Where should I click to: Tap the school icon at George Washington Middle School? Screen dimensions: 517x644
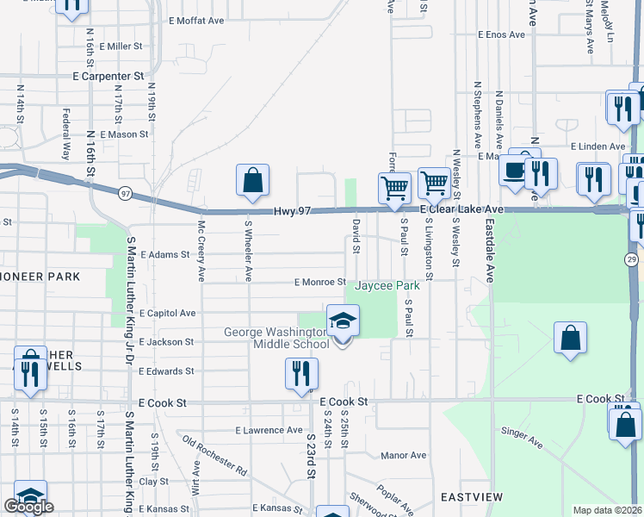(x=343, y=321)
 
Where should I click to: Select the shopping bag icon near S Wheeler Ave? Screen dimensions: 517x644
(x=253, y=180)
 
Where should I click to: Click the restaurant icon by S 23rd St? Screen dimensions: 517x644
(x=301, y=373)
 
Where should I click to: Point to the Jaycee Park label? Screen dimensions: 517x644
(x=387, y=284)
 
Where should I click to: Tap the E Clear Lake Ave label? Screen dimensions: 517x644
(x=461, y=209)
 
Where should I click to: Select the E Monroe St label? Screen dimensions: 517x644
(x=319, y=282)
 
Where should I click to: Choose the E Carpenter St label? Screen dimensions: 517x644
(x=107, y=77)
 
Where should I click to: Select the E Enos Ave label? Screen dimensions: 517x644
(x=501, y=35)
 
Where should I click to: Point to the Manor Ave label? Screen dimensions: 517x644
(x=403, y=455)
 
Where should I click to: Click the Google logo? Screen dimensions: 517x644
(x=28, y=507)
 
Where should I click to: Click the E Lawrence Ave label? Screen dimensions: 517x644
(x=269, y=430)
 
